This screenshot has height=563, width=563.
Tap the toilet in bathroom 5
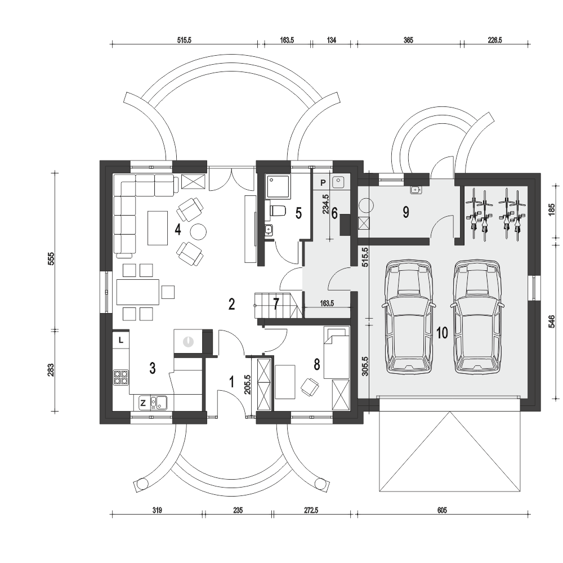click(x=278, y=211)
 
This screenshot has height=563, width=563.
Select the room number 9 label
click(x=405, y=212)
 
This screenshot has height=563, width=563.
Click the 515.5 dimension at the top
click(x=185, y=40)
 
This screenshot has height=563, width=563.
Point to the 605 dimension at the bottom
click(x=441, y=511)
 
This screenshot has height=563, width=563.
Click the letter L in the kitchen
click(x=122, y=339)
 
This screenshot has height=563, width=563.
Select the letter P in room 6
click(x=323, y=182)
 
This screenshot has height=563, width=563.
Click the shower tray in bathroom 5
click(x=278, y=186)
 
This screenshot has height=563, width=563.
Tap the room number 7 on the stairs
click(x=275, y=305)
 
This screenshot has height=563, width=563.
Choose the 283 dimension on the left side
click(x=51, y=370)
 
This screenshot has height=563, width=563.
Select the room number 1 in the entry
click(x=231, y=381)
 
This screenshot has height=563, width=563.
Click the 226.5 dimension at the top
click(x=496, y=40)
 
